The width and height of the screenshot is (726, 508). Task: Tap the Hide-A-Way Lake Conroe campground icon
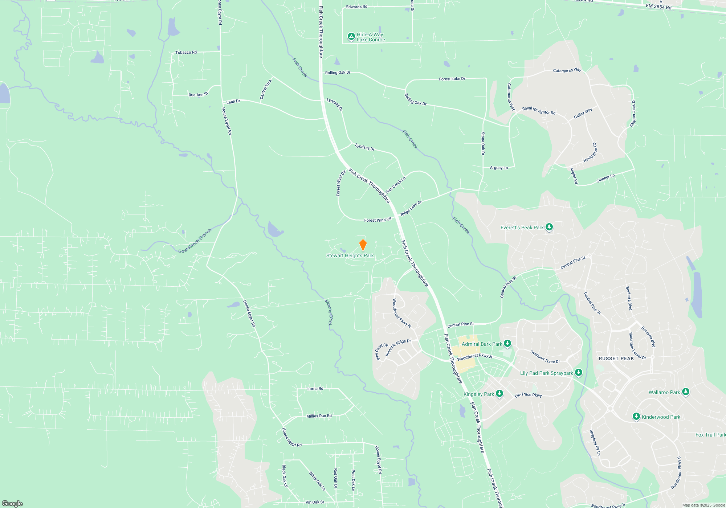pos(351,36)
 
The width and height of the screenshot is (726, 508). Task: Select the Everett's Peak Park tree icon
pos(549,227)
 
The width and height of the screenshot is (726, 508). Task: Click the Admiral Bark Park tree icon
pos(507,343)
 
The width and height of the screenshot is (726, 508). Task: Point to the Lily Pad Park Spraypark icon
pos(579,372)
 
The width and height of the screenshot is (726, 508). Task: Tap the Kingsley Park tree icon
pos(499,394)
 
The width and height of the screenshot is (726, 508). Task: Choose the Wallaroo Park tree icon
pos(685,392)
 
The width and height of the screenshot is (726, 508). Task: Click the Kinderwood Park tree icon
pos(636,417)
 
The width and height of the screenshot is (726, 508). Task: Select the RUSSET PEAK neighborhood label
pos(616,359)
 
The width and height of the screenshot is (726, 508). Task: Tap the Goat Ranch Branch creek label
pos(195,241)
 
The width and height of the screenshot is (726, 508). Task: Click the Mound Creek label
pos(329,312)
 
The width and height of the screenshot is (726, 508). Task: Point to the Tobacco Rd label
pos(186,53)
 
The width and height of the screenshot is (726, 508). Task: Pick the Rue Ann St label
pos(198,95)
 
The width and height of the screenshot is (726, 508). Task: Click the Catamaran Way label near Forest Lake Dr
pos(567,70)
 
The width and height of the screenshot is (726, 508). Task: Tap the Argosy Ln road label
pos(499,168)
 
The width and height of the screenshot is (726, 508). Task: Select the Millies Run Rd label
pos(319,416)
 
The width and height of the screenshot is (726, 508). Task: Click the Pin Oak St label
pos(315,502)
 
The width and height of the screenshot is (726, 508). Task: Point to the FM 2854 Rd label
pos(658,7)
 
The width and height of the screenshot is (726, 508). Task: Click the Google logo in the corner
pos(12,503)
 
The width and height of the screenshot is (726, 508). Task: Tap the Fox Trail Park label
pos(710,435)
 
